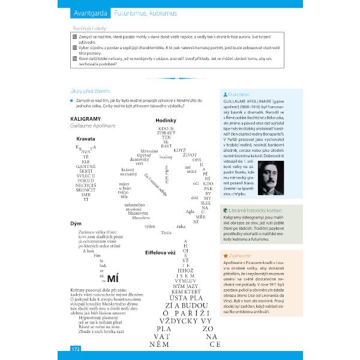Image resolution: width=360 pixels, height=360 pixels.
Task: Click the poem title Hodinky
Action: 166,120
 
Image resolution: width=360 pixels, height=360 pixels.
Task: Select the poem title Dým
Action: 76,223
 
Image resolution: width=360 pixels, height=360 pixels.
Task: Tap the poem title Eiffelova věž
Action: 160,252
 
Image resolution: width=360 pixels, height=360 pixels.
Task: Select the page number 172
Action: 76,349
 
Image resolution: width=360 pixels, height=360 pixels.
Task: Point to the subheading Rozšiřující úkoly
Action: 91,28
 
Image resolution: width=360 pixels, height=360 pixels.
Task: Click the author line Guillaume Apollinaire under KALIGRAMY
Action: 91,126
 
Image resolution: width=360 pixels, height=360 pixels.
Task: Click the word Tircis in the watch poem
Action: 166,232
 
